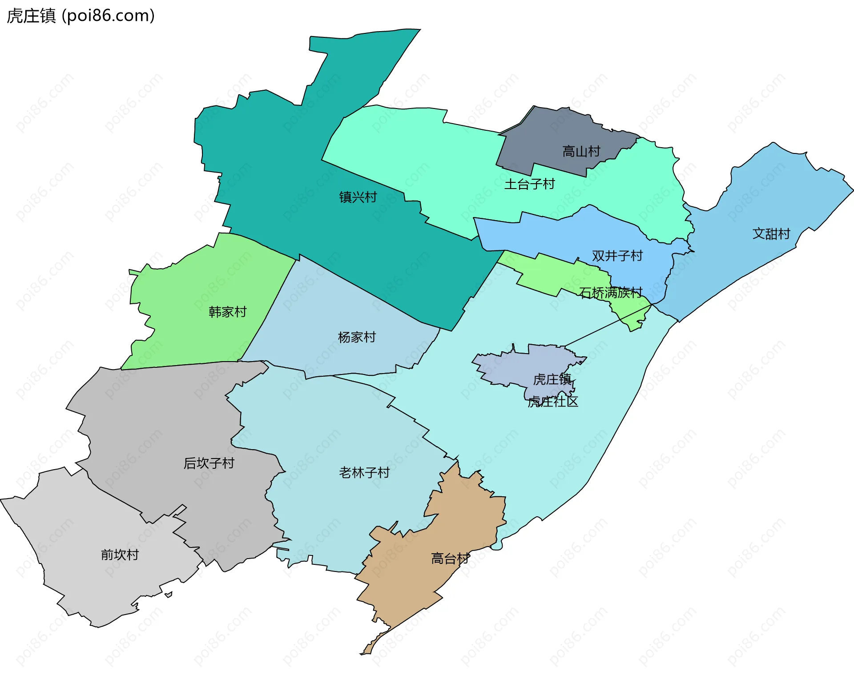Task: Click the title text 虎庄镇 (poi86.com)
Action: click(x=81, y=16)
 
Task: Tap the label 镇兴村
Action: click(x=358, y=197)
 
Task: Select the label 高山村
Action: click(x=581, y=152)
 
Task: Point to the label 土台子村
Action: click(x=529, y=184)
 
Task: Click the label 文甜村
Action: click(x=771, y=234)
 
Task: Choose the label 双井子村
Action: click(x=617, y=256)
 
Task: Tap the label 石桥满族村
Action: click(x=610, y=293)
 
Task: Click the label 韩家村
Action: click(x=227, y=312)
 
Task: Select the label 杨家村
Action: click(x=357, y=337)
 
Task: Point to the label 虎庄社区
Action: click(x=552, y=402)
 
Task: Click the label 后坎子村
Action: click(x=209, y=463)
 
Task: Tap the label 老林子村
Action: click(x=364, y=472)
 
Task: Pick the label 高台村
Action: click(x=450, y=559)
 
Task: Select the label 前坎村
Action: click(x=120, y=555)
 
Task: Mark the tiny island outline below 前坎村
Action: click(x=169, y=595)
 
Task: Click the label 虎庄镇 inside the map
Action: click(x=552, y=379)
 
